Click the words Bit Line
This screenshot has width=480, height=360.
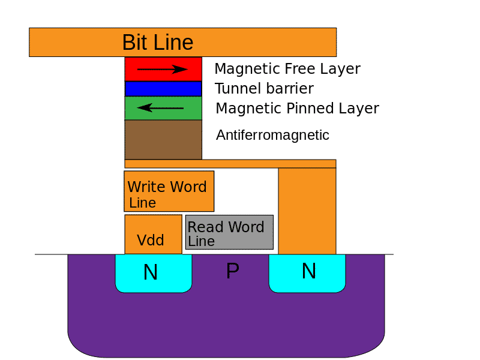pos(158,43)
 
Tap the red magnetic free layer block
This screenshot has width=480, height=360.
pos(163,69)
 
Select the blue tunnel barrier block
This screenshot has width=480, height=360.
pos(163,89)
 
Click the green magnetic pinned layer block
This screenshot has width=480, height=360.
pos(163,108)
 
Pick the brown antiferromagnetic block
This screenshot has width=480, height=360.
pos(163,139)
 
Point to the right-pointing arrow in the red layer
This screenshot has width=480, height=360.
pos(163,70)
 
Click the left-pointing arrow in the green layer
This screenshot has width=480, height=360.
pos(160,108)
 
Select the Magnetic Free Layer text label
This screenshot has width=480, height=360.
pos(287,69)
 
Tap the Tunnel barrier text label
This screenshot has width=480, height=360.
pos(264,89)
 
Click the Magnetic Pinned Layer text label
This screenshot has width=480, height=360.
pos(297,109)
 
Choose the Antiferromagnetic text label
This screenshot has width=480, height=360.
pos(272,135)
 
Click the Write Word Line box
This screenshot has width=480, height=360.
pos(169,191)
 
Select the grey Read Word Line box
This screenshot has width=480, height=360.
pos(229,232)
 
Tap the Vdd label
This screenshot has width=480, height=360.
pos(151,241)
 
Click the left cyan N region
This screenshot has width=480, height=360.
pos(153,273)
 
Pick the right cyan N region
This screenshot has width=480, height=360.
pos(307,273)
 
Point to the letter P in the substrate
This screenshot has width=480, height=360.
pos(232,272)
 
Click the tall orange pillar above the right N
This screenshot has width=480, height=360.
pos(307,210)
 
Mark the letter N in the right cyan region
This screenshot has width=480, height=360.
pos(308,272)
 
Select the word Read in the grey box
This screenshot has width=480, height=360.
pos(204,227)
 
